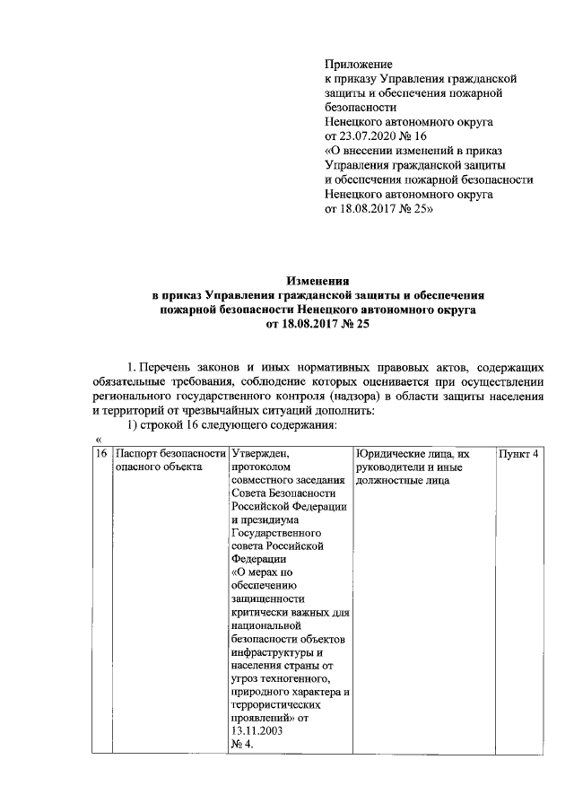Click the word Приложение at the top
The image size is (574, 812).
click(x=358, y=65)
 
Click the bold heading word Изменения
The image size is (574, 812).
click(x=317, y=281)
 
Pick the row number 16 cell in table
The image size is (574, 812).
click(x=102, y=454)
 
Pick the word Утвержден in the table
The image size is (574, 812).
click(x=259, y=454)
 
